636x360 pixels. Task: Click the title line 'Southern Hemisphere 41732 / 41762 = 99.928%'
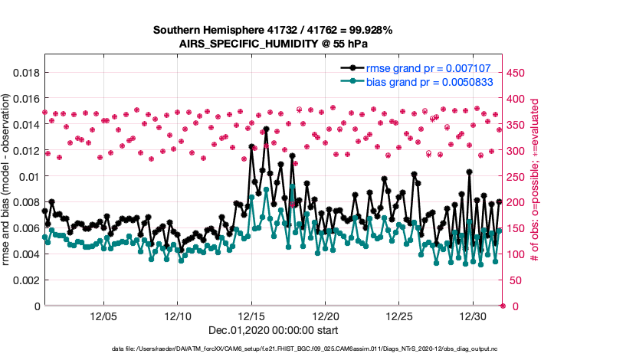coord(273,30)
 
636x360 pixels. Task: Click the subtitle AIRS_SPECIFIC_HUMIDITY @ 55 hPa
coord(273,44)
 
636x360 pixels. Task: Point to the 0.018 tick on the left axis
coord(23,73)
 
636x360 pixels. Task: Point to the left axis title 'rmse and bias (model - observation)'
coord(8,181)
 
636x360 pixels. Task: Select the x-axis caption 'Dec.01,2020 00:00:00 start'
coord(273,330)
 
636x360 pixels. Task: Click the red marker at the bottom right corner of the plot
coord(502,306)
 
